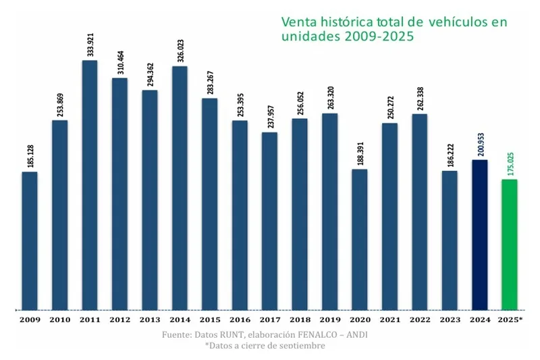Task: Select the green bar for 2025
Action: coord(510,244)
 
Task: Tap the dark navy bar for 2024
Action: coord(479,234)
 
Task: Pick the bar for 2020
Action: coord(360,239)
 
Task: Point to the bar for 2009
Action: coord(30,240)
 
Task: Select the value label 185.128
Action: coord(30,153)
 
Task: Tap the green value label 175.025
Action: coord(510,161)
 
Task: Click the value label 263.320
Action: coord(330,95)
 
